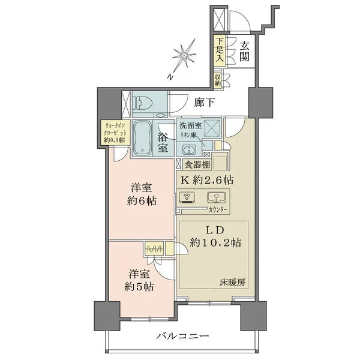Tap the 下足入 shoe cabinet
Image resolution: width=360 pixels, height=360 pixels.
220,50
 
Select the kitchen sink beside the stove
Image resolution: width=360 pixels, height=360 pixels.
215,197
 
